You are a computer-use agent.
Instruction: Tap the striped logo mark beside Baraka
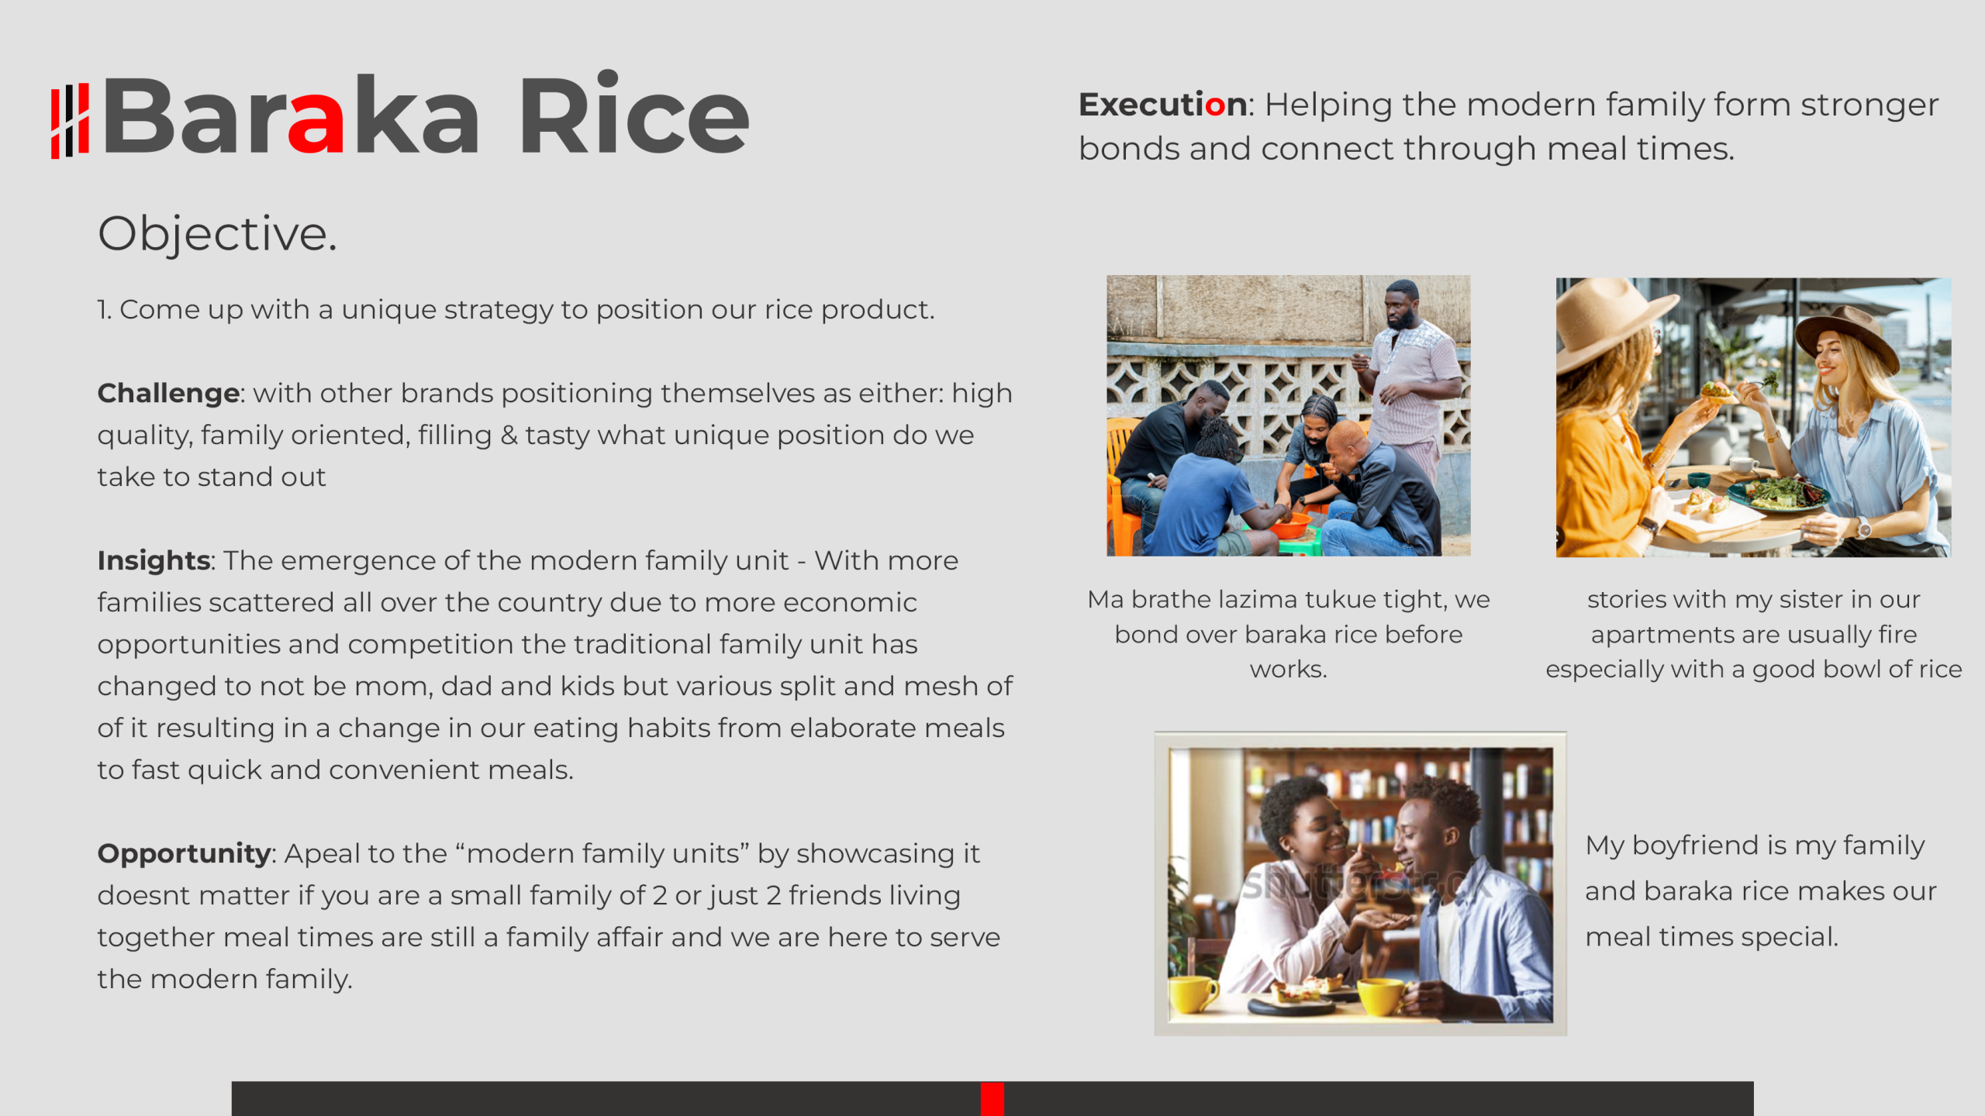pyautogui.click(x=70, y=121)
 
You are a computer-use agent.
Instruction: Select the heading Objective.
pyautogui.click(x=217, y=233)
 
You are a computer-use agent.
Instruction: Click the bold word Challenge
pyautogui.click(x=168, y=394)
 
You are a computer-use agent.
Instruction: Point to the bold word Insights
pyautogui.click(x=154, y=560)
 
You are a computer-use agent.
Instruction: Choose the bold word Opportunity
pyautogui.click(x=184, y=853)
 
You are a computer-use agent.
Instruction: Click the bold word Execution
pyautogui.click(x=1162, y=105)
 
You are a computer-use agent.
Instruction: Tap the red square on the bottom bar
pyautogui.click(x=992, y=1099)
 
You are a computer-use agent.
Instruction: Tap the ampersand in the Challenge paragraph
pyautogui.click(x=509, y=436)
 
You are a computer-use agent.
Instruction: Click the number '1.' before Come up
pyautogui.click(x=104, y=310)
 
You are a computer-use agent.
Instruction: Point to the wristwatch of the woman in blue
pyautogui.click(x=1862, y=529)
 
